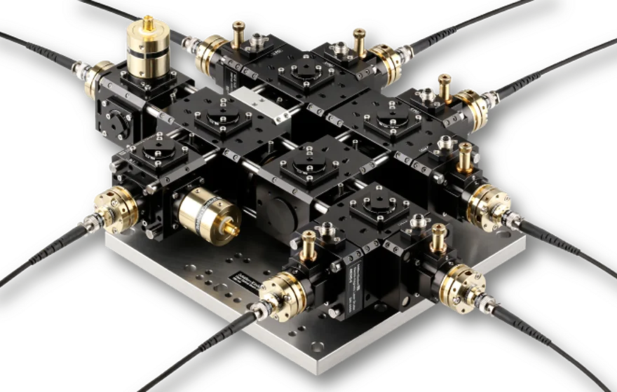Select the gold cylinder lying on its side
(x=199, y=213)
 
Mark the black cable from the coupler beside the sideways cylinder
(x=49, y=245)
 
